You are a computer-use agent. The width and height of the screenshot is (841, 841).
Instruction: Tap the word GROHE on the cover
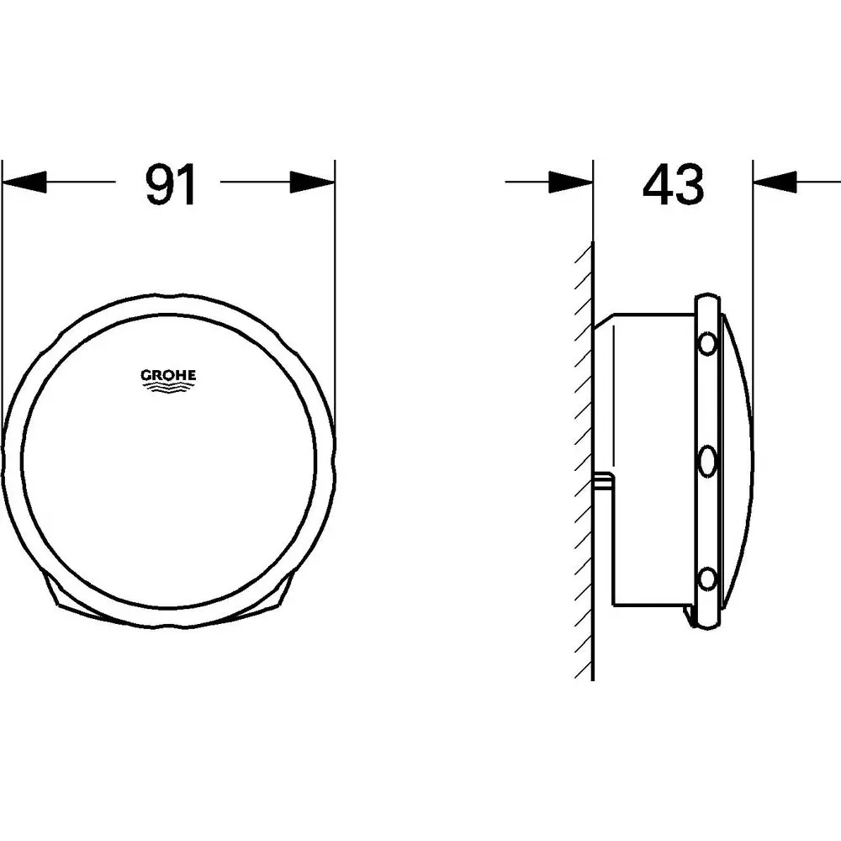click(167, 376)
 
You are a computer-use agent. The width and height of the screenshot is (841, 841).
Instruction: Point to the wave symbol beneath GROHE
click(167, 389)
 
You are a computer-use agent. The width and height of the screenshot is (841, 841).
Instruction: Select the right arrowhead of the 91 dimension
click(312, 182)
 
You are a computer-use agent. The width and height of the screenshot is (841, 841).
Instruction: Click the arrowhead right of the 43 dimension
click(775, 182)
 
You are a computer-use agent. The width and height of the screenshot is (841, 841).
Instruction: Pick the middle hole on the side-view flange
click(706, 460)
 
